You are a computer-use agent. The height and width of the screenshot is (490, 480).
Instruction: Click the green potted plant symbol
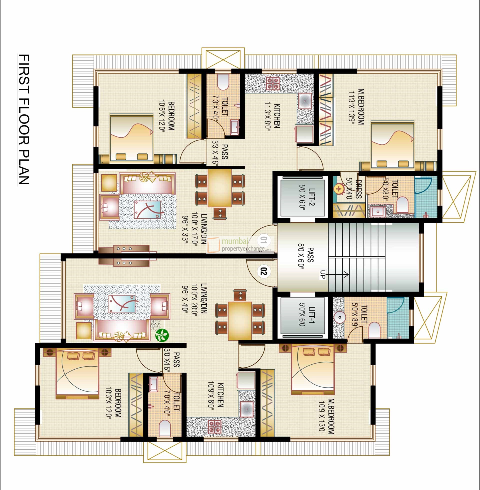pos(162,335)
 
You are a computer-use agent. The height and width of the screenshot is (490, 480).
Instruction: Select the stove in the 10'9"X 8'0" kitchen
pos(215,426)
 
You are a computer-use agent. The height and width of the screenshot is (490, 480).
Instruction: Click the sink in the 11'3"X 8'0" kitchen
pos(305,100)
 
